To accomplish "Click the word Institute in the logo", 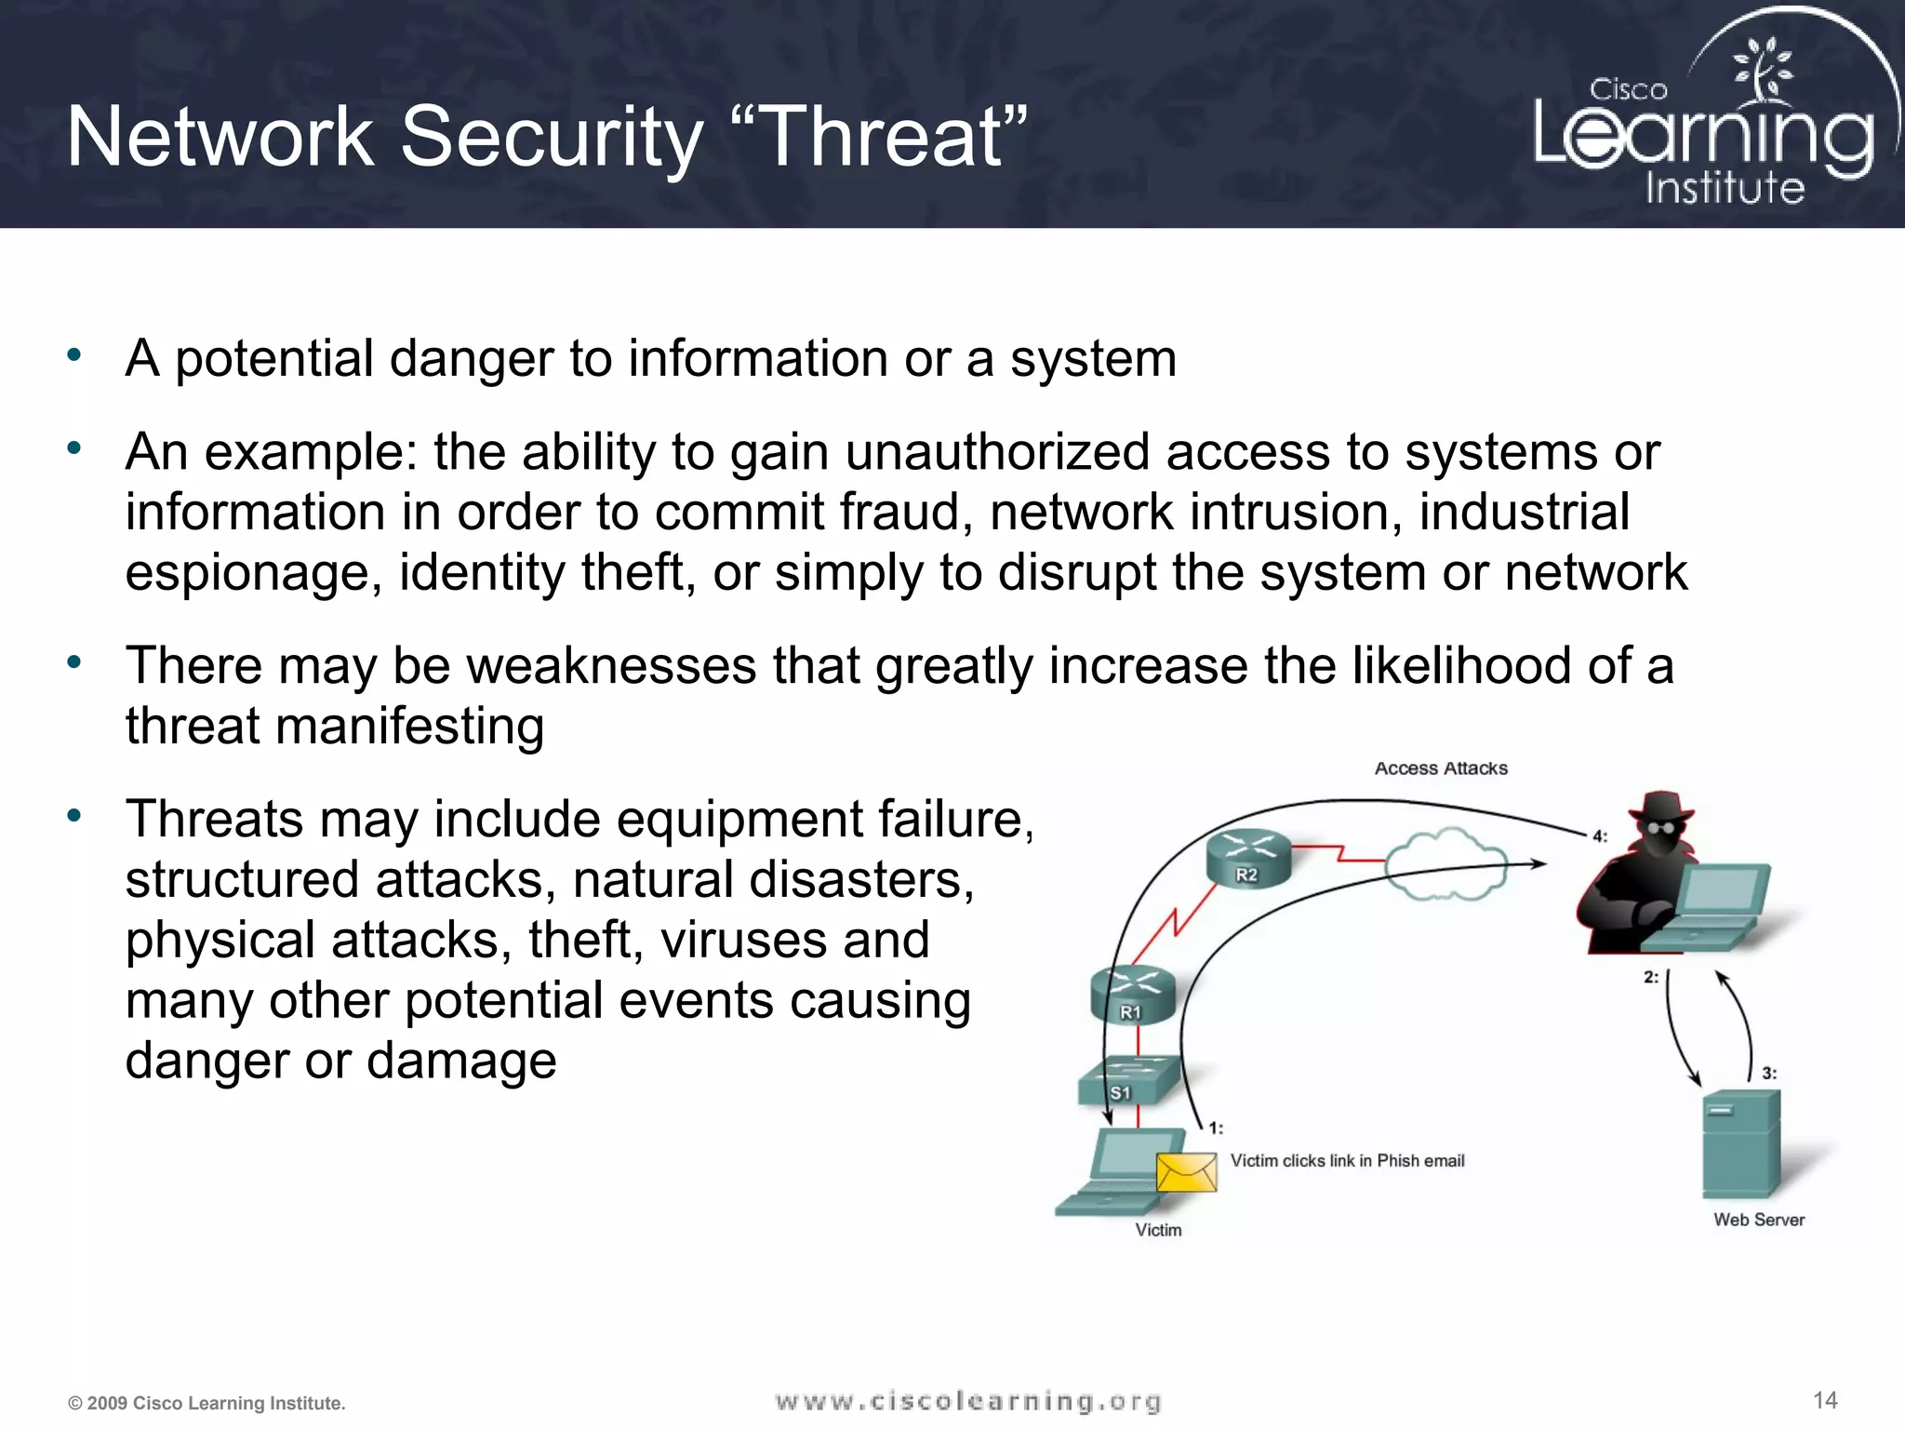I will pyautogui.click(x=1725, y=188).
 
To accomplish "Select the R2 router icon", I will pyautogui.click(x=1248, y=857).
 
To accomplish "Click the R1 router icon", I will pyautogui.click(x=1132, y=995).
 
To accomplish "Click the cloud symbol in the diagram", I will pyautogui.click(x=1445, y=863).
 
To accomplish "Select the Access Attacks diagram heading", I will pyautogui.click(x=1441, y=768).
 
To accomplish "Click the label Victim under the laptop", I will pyautogui.click(x=1158, y=1230).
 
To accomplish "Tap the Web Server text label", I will pyautogui.click(x=1758, y=1220).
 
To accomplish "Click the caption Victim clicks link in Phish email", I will pyautogui.click(x=1347, y=1160).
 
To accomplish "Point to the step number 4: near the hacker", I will pyautogui.click(x=1599, y=835).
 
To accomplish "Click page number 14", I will pyautogui.click(x=1824, y=1400).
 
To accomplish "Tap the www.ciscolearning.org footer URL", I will pyautogui.click(x=967, y=1401).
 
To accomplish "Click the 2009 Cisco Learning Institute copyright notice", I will pyautogui.click(x=206, y=1403).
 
